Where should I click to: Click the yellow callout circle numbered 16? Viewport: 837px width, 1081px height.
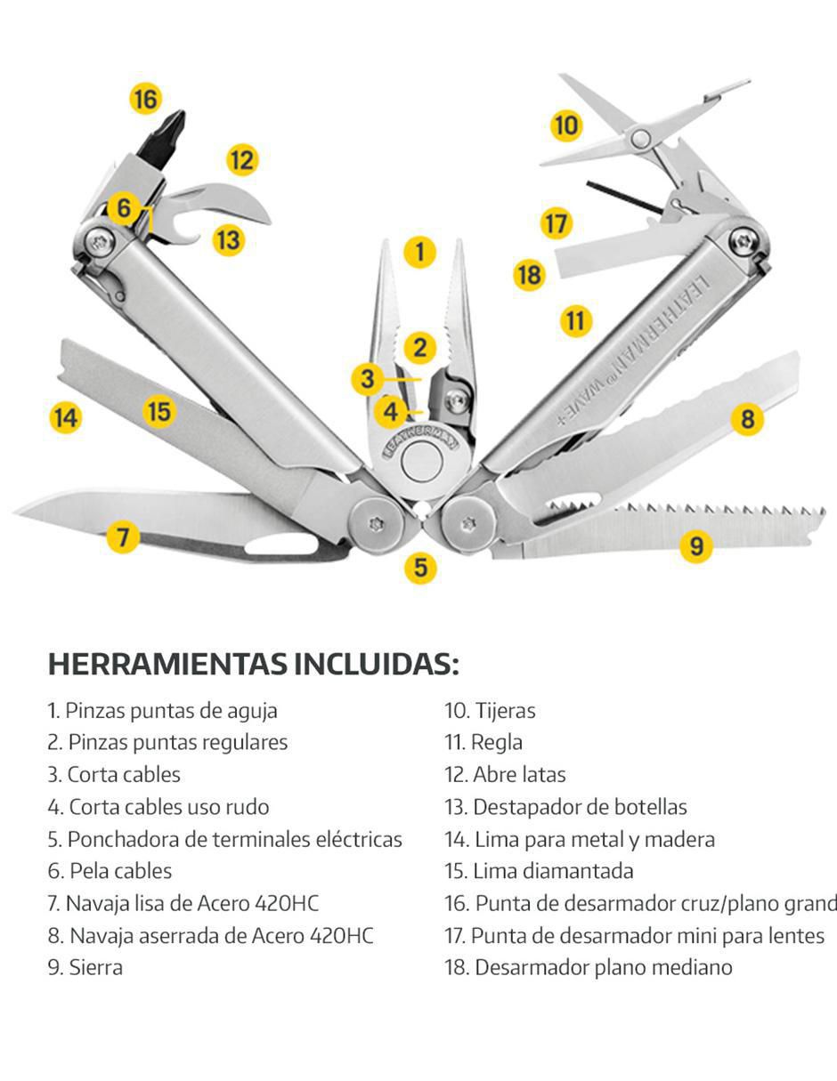point(146,99)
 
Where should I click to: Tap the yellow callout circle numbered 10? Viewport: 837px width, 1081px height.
point(567,125)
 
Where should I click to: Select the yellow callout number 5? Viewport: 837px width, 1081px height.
point(420,568)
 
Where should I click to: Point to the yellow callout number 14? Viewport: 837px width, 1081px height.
point(66,417)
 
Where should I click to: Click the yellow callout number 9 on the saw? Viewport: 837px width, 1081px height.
point(696,545)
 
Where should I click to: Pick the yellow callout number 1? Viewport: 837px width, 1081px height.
point(420,252)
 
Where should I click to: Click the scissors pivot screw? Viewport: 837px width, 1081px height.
point(641,138)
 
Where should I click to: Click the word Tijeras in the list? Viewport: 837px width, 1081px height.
point(505,711)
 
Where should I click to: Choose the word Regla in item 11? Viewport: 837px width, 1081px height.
point(497,743)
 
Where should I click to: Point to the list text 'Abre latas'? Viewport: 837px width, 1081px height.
point(519,775)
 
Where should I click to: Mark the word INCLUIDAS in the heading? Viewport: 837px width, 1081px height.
point(376,664)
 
